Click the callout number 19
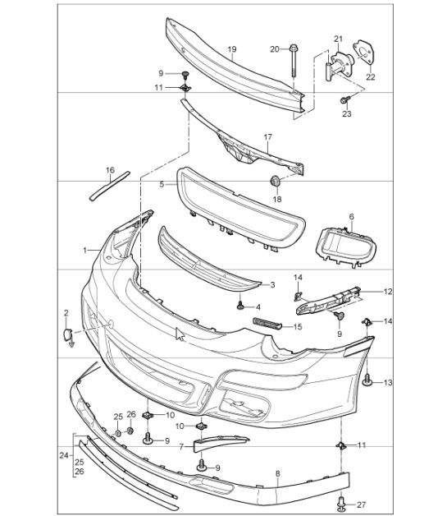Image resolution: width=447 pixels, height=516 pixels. pos(232,49)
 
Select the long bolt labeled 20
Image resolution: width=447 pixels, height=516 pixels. pos(293,70)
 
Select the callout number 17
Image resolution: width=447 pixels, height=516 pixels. pos(267,136)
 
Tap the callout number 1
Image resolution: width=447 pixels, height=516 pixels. pos(84,248)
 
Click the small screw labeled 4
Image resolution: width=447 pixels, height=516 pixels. pos(240,306)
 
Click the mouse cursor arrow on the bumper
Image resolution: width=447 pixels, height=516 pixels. pos(180,334)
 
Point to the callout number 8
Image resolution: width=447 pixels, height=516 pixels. pos(277,473)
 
